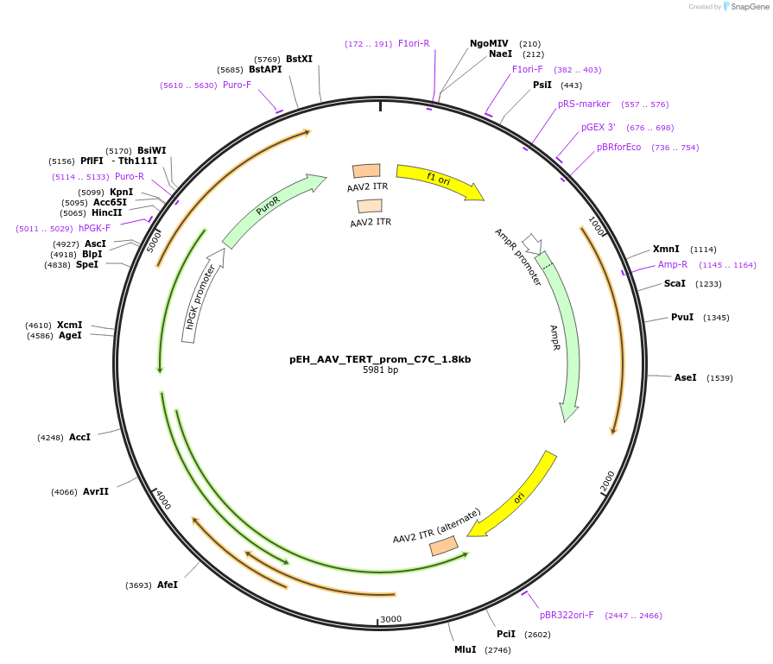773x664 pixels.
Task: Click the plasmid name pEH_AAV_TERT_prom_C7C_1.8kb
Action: click(x=380, y=359)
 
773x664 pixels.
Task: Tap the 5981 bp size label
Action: click(x=380, y=370)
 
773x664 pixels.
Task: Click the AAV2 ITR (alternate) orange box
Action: click(x=443, y=546)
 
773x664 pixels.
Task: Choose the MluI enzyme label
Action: click(x=465, y=649)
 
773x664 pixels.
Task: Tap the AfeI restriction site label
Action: click(x=168, y=585)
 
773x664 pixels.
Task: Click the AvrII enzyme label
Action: click(x=96, y=491)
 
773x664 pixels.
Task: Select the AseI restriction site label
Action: click(x=685, y=377)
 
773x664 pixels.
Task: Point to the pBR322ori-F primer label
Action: click(x=567, y=615)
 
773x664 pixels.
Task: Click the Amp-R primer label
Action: click(x=673, y=264)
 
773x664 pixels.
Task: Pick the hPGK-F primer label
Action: click(x=94, y=228)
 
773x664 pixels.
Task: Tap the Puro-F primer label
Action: click(x=237, y=85)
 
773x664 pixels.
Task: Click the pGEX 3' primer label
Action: click(x=598, y=127)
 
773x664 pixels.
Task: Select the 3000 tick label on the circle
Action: click(x=391, y=618)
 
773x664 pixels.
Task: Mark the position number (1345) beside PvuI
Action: click(x=716, y=318)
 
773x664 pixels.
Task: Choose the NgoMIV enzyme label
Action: click(x=489, y=43)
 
